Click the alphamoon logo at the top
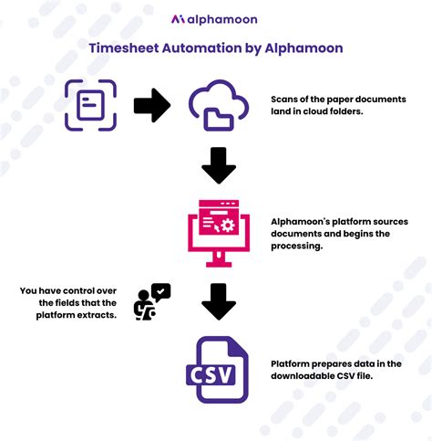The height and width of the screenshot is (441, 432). coord(215,18)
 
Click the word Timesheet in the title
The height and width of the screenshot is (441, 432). coord(126,47)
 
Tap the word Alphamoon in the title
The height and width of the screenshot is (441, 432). coord(304,47)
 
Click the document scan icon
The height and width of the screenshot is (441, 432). coord(90,105)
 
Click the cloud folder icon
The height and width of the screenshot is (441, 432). coord(218,105)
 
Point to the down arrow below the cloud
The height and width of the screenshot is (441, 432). coord(219,165)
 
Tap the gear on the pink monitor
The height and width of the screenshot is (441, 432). coord(229,224)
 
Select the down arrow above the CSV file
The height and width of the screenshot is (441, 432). coord(219,301)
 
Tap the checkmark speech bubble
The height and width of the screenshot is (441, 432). coord(160,291)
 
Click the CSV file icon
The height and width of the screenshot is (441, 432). coord(217,369)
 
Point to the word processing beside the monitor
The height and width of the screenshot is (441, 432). coord(298,247)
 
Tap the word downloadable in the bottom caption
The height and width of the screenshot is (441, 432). coord(306,375)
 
